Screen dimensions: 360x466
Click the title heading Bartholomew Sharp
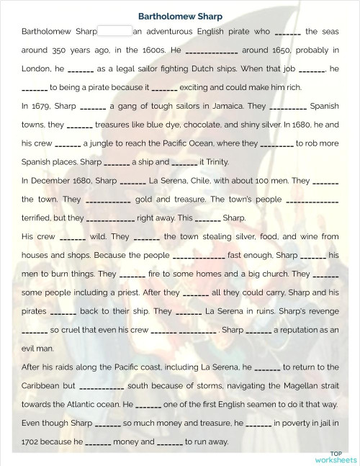(x=180, y=16)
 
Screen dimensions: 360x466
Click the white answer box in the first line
(x=114, y=32)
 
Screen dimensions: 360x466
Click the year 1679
(x=41, y=107)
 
